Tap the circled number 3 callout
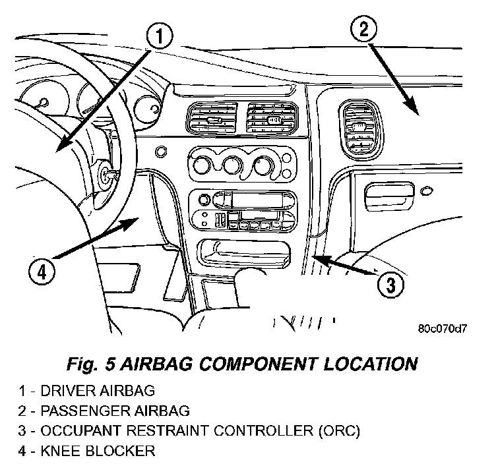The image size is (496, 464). pos(390,284)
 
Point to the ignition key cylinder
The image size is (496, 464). pos(105,175)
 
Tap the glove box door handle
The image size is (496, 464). pos(390,192)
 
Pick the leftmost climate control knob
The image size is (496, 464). pos(199,162)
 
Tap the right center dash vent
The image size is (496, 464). pos(270,119)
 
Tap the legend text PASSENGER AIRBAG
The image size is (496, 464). pos(115,411)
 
